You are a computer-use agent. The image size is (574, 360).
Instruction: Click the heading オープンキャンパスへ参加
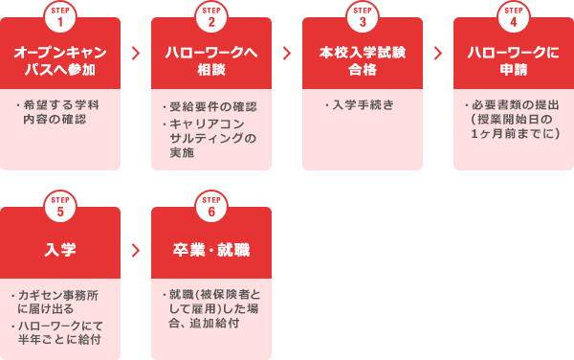[60, 61]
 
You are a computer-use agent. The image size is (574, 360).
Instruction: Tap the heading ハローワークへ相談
[211, 61]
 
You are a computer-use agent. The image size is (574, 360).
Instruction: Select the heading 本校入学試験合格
[363, 61]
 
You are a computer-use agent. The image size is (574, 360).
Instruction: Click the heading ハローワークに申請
[514, 61]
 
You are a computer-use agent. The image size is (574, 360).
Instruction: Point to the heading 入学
[60, 251]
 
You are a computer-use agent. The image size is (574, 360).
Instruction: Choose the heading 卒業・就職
[211, 251]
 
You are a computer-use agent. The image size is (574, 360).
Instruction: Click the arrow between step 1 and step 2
[136, 53]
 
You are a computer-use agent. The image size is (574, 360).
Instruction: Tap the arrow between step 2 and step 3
[287, 53]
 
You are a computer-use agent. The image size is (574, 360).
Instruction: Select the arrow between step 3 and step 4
[438, 53]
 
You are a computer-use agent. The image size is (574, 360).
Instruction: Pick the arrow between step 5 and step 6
[136, 250]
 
